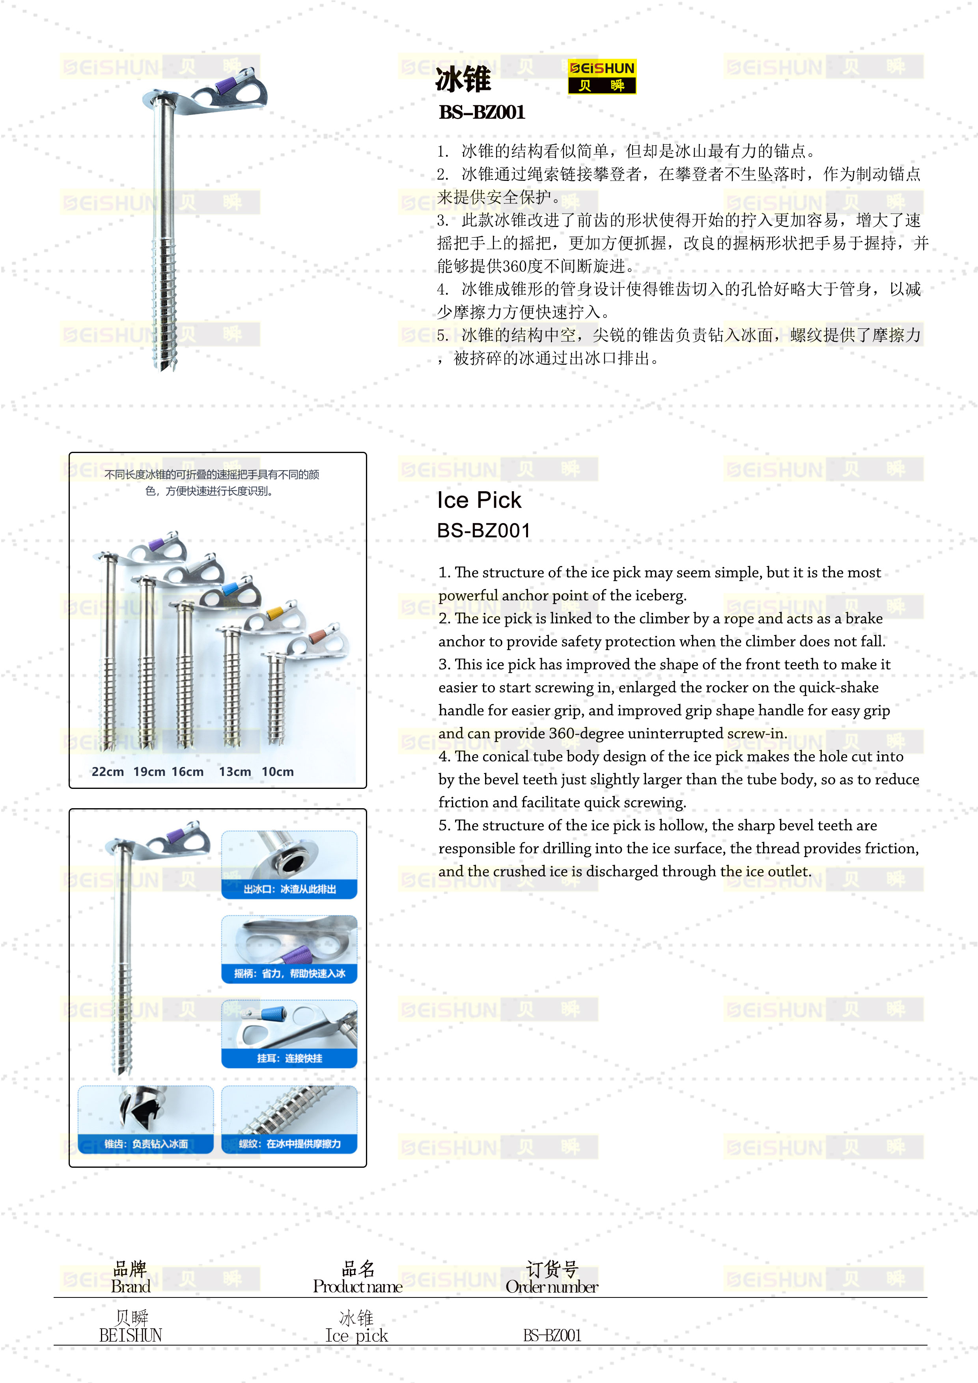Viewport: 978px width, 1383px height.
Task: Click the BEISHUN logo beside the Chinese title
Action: pos(601,76)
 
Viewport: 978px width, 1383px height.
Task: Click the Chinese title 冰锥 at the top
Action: pos(463,80)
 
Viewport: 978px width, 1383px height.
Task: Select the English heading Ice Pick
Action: pos(479,500)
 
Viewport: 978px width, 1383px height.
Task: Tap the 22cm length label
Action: pos(108,772)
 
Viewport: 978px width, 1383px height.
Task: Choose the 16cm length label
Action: pos(187,772)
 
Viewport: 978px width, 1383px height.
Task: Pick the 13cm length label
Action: pos(235,772)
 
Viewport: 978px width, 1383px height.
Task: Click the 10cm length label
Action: pos(278,772)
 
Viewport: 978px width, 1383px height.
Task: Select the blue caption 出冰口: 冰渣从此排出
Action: pos(290,889)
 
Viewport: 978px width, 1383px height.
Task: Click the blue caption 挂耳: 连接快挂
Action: pos(290,1058)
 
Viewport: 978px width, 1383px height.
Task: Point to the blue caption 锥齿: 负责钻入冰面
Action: pos(146,1144)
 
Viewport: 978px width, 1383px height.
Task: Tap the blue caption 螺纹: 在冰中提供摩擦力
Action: pos(290,1144)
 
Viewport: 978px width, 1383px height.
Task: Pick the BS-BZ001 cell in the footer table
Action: pos(552,1335)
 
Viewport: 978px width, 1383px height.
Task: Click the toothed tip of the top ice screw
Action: pos(166,364)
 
